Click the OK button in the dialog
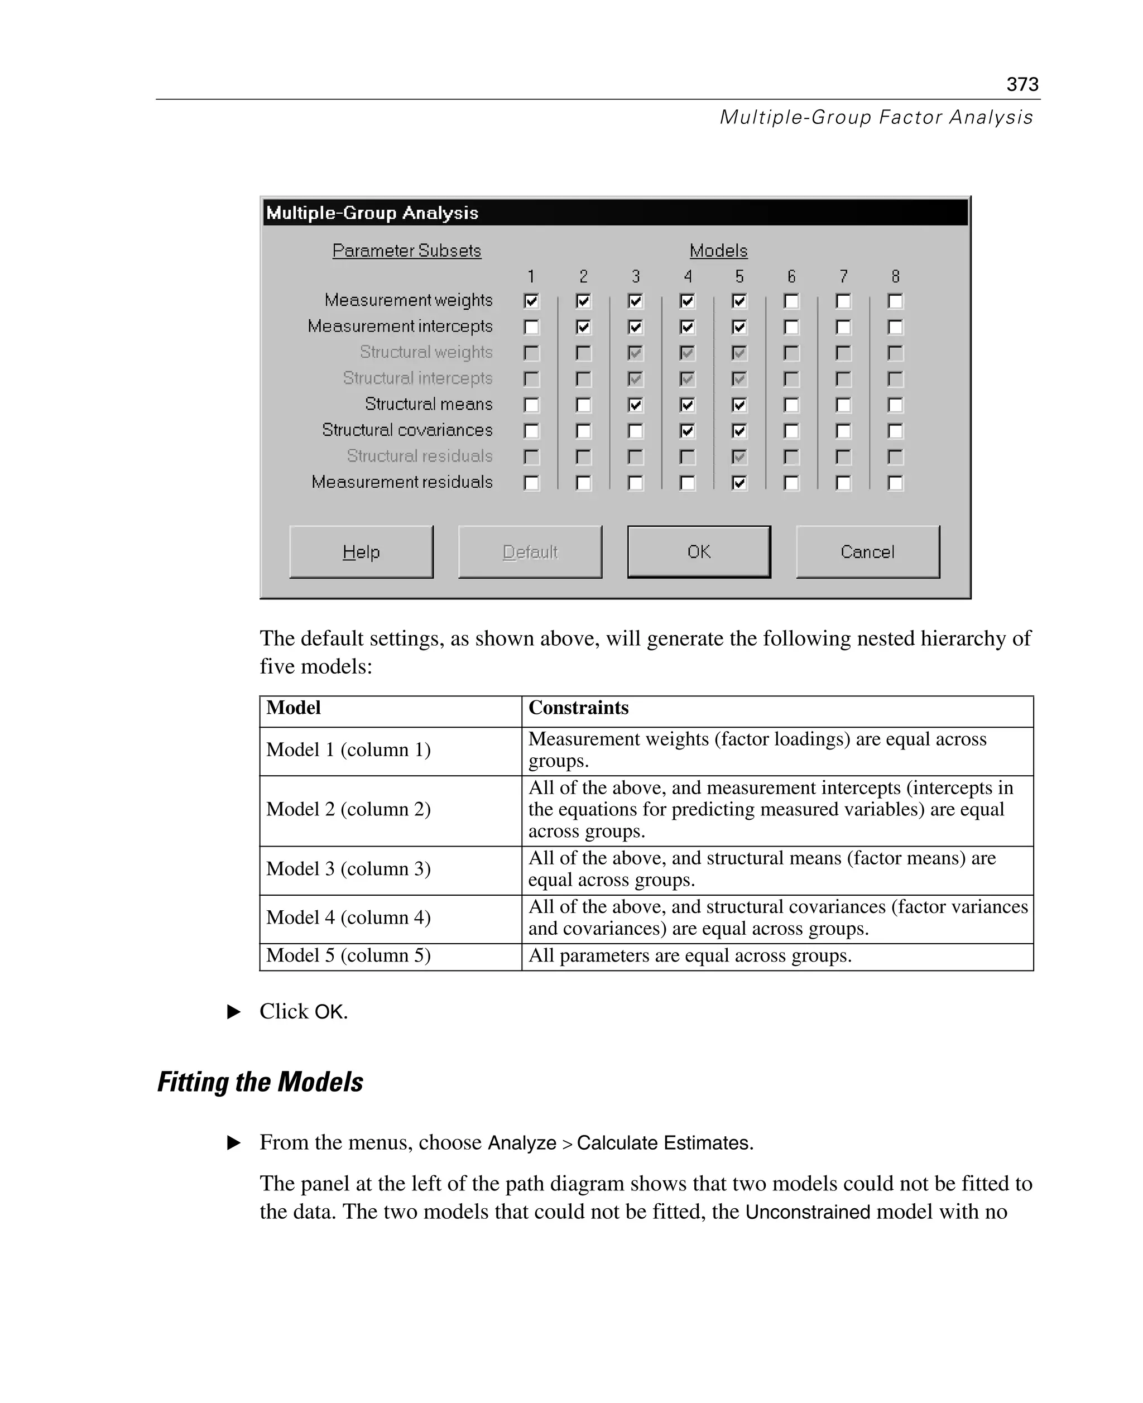tap(699, 552)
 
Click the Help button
tap(361, 552)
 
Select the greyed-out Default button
tap(530, 552)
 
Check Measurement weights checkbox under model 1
tap(531, 301)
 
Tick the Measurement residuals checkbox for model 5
tap(739, 483)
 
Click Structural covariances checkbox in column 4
tap(688, 431)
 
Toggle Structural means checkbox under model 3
tap(635, 405)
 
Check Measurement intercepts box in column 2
tap(583, 326)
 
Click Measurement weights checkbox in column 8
tap(895, 301)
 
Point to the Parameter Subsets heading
tap(406, 251)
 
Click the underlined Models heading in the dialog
tap(718, 251)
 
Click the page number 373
tap(1022, 84)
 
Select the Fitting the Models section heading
tap(260, 1082)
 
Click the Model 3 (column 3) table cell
tap(348, 869)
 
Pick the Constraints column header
tap(578, 708)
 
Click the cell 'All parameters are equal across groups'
tap(689, 955)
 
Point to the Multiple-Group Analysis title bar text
tap(372, 213)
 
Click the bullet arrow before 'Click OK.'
tap(234, 1011)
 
